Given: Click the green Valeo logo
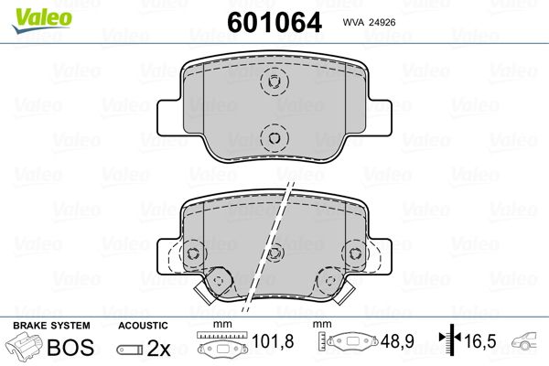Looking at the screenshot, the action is click(x=42, y=20).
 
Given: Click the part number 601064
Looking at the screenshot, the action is click(x=274, y=22).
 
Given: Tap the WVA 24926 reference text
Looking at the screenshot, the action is click(x=369, y=22).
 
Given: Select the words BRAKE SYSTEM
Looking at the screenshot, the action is click(x=51, y=326).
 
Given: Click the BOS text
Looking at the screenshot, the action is click(x=70, y=347).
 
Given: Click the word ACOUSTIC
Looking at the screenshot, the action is click(x=143, y=326).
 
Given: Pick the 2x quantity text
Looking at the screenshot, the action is click(x=158, y=348).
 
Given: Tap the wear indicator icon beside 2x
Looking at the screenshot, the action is click(x=130, y=350).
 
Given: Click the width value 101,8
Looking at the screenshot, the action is click(x=273, y=341).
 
